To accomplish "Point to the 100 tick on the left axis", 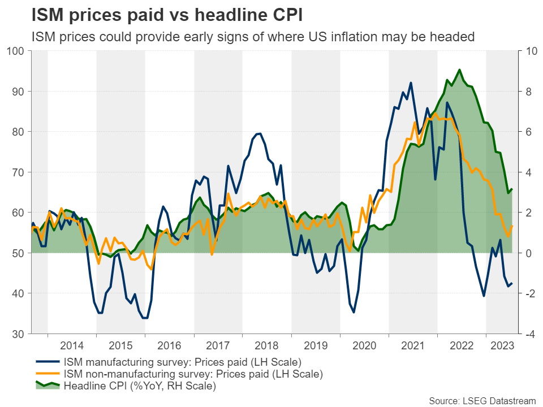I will (x=15, y=51).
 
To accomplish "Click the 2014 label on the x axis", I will (x=72, y=345).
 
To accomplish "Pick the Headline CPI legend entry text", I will (x=141, y=386).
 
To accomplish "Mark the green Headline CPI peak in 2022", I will (x=459, y=70).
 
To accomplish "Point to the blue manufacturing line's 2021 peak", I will (x=411, y=83).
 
